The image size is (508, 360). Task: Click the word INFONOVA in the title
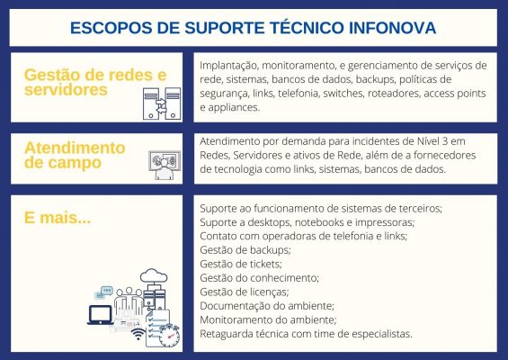[390, 27]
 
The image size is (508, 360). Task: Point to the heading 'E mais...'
[57, 218]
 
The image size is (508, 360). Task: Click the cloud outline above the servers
[152, 275]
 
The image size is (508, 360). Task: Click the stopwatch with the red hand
[168, 334]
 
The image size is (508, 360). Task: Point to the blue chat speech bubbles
[107, 292]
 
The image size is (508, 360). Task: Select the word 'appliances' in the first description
[229, 106]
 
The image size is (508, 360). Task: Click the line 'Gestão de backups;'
[245, 249]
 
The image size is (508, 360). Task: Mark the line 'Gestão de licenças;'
[244, 292]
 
